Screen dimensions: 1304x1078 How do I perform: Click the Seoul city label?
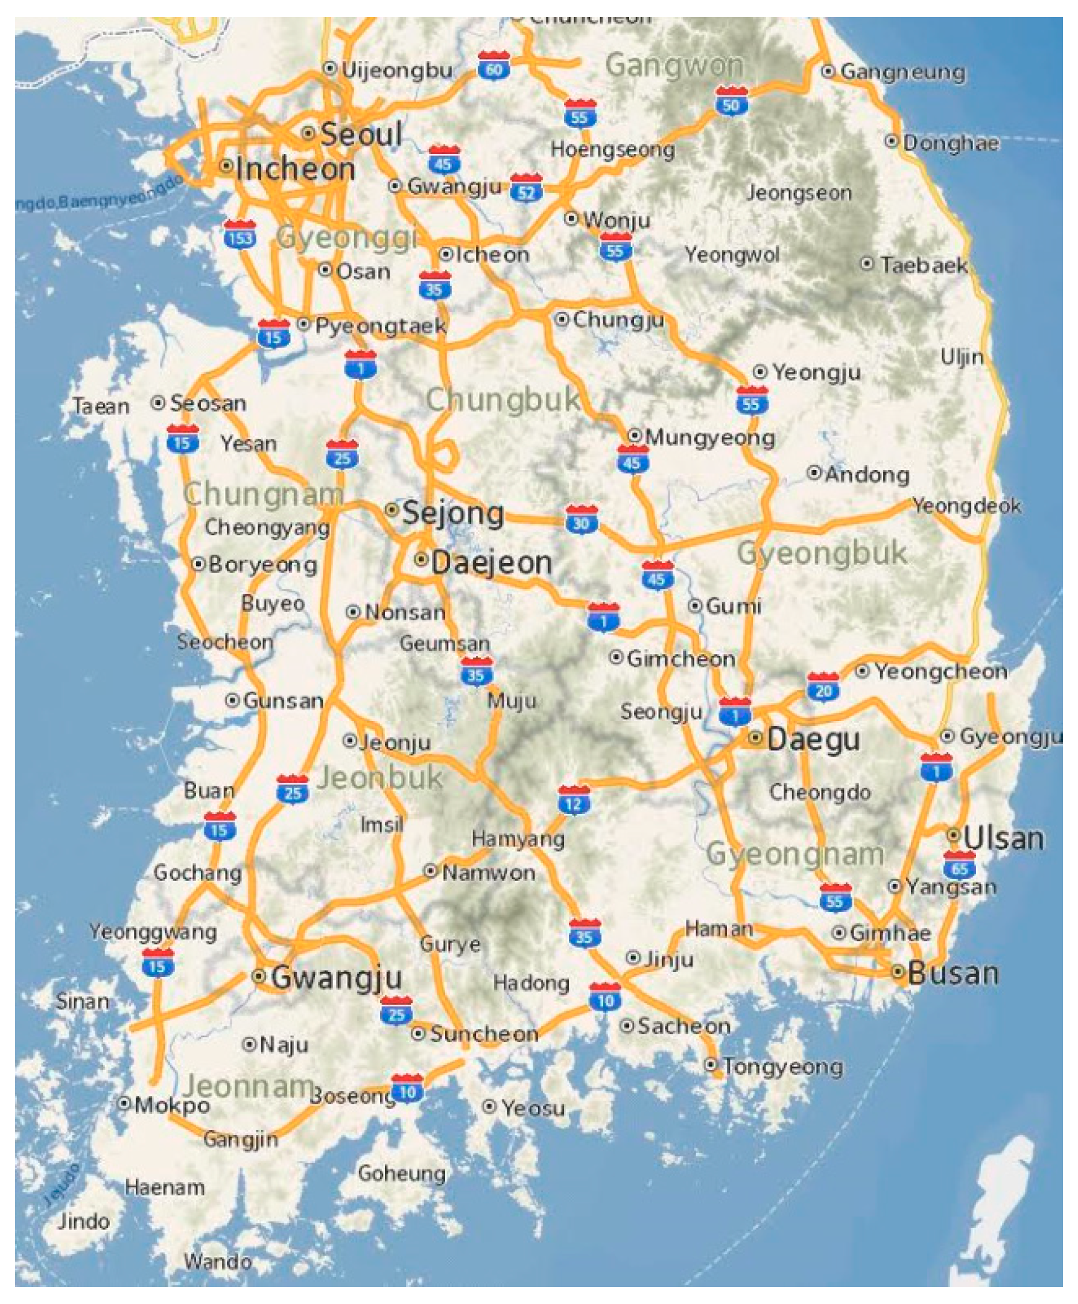point(361,134)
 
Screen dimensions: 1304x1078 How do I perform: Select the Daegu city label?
point(813,739)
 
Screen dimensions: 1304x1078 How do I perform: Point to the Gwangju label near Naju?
point(337,977)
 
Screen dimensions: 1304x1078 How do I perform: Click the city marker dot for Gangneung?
point(827,71)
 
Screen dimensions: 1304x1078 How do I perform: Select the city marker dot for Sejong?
point(392,510)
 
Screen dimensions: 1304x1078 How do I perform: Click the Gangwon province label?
point(674,65)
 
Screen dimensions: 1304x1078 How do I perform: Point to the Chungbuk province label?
point(503,399)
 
